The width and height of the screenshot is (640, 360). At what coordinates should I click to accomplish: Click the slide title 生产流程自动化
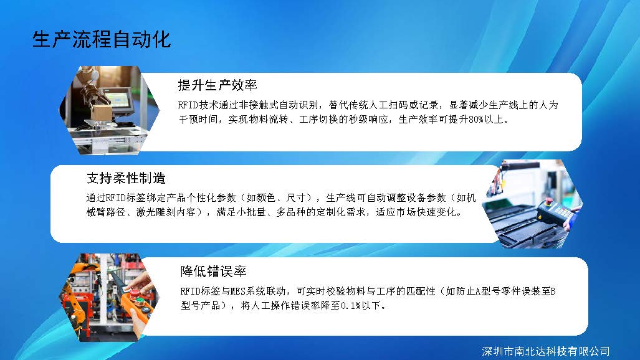(x=101, y=40)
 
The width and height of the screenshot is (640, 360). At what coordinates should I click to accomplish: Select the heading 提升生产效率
(x=217, y=85)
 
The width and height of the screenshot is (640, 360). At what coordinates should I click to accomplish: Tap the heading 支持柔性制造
(x=126, y=178)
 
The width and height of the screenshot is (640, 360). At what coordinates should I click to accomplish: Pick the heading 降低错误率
(x=214, y=271)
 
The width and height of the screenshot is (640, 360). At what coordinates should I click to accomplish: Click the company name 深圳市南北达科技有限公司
(x=546, y=351)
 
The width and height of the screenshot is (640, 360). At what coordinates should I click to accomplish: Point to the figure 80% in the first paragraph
(x=476, y=120)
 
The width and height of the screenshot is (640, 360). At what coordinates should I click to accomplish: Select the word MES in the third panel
(x=238, y=291)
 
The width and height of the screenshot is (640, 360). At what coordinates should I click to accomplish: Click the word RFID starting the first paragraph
(x=188, y=105)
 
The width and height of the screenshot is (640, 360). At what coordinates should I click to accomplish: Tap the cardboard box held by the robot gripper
(x=102, y=113)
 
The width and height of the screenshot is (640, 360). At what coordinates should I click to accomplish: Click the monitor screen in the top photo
(x=120, y=100)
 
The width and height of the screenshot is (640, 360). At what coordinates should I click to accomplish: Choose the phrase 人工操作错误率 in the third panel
(x=290, y=305)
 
